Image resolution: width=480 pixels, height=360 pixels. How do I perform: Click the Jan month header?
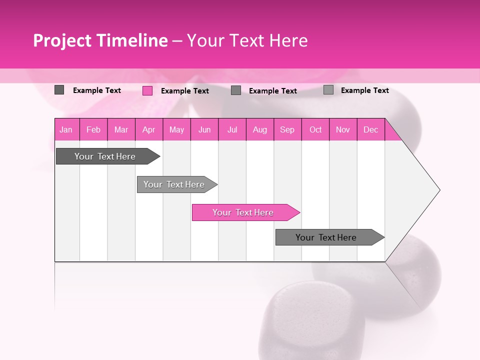pos(66,129)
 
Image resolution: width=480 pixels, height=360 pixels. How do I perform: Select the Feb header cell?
pos(93,129)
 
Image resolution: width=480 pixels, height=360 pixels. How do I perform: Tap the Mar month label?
pos(121,129)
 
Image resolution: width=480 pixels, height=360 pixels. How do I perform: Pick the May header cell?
pos(176,129)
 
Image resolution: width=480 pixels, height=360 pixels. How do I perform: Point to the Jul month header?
pos(232,129)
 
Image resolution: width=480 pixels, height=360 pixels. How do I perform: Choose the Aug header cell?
pos(259,129)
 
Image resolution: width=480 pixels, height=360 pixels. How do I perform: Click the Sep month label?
pos(287,129)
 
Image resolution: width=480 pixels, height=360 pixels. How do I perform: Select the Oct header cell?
pos(315,129)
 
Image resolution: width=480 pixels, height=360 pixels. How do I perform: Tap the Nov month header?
pos(343,129)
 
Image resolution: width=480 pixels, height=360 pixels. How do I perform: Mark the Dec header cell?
pos(370,129)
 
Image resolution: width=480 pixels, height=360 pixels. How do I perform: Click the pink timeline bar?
pos(242,212)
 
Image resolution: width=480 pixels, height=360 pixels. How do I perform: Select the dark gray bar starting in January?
pos(105,156)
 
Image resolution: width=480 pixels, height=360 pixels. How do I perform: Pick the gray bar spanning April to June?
pos(174,184)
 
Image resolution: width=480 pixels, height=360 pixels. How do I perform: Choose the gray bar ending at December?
pos(326,237)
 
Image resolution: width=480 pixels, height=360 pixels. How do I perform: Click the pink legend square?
pos(147,90)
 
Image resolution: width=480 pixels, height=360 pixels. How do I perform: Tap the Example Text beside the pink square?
pos(185,91)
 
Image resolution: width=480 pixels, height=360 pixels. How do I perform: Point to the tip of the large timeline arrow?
pos(439,190)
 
